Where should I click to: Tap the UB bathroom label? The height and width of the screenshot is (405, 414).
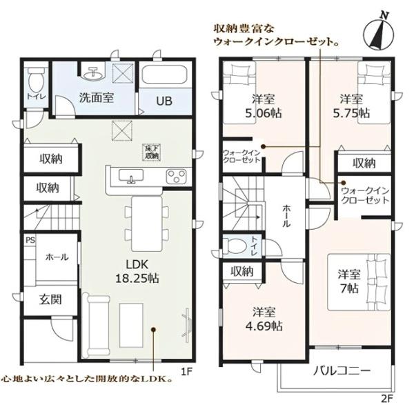(164, 101)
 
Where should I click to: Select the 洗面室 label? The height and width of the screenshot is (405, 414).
(95, 98)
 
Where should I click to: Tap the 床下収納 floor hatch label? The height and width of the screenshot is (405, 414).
(151, 152)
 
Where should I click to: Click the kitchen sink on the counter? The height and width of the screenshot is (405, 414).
(130, 177)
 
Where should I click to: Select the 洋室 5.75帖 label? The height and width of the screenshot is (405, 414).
(351, 105)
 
